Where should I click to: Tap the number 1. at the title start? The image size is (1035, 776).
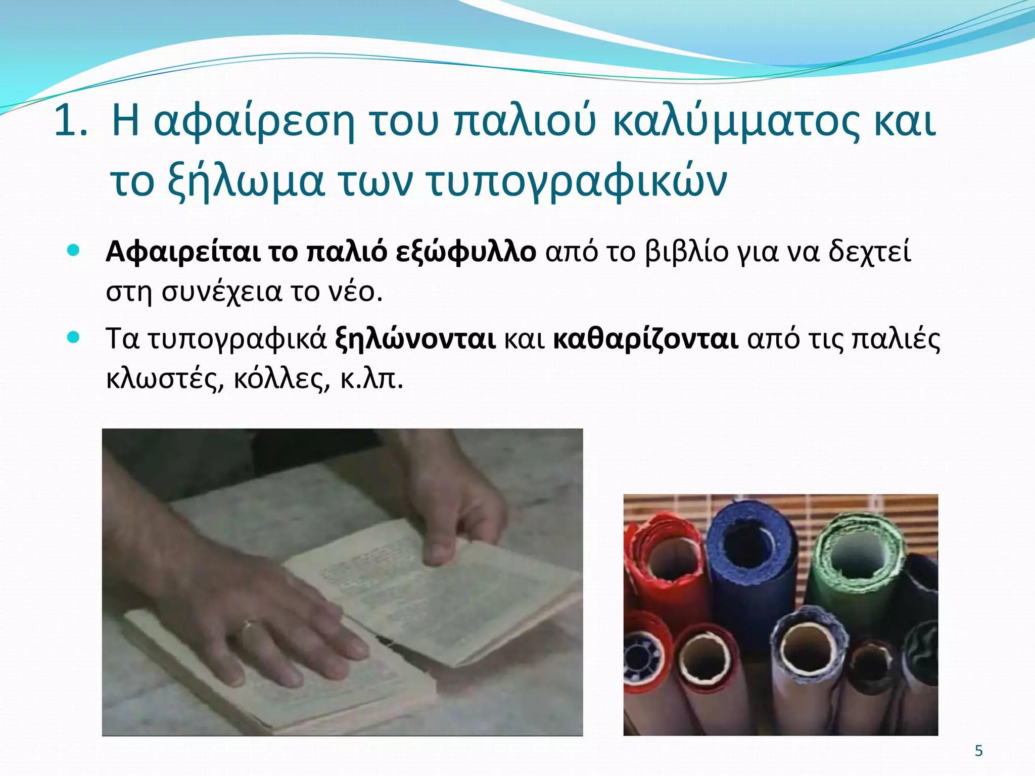point(70,121)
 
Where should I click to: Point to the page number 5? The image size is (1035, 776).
point(979,751)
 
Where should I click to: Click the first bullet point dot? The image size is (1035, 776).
point(74,250)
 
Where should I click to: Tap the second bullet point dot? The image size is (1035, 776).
point(74,337)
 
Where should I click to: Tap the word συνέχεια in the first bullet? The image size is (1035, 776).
point(221,292)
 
